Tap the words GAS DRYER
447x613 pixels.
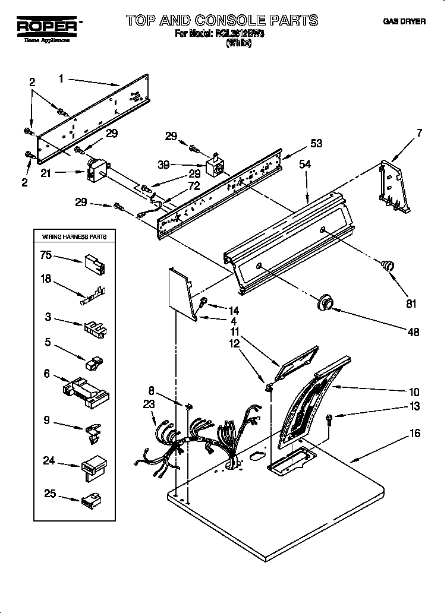click(x=404, y=21)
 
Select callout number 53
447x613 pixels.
click(x=316, y=143)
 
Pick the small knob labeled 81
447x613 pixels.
click(x=387, y=266)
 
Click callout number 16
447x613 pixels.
click(x=414, y=434)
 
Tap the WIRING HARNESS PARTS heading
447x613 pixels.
click(x=74, y=236)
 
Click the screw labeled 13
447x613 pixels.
click(x=329, y=420)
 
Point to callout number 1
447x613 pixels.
click(x=62, y=77)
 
